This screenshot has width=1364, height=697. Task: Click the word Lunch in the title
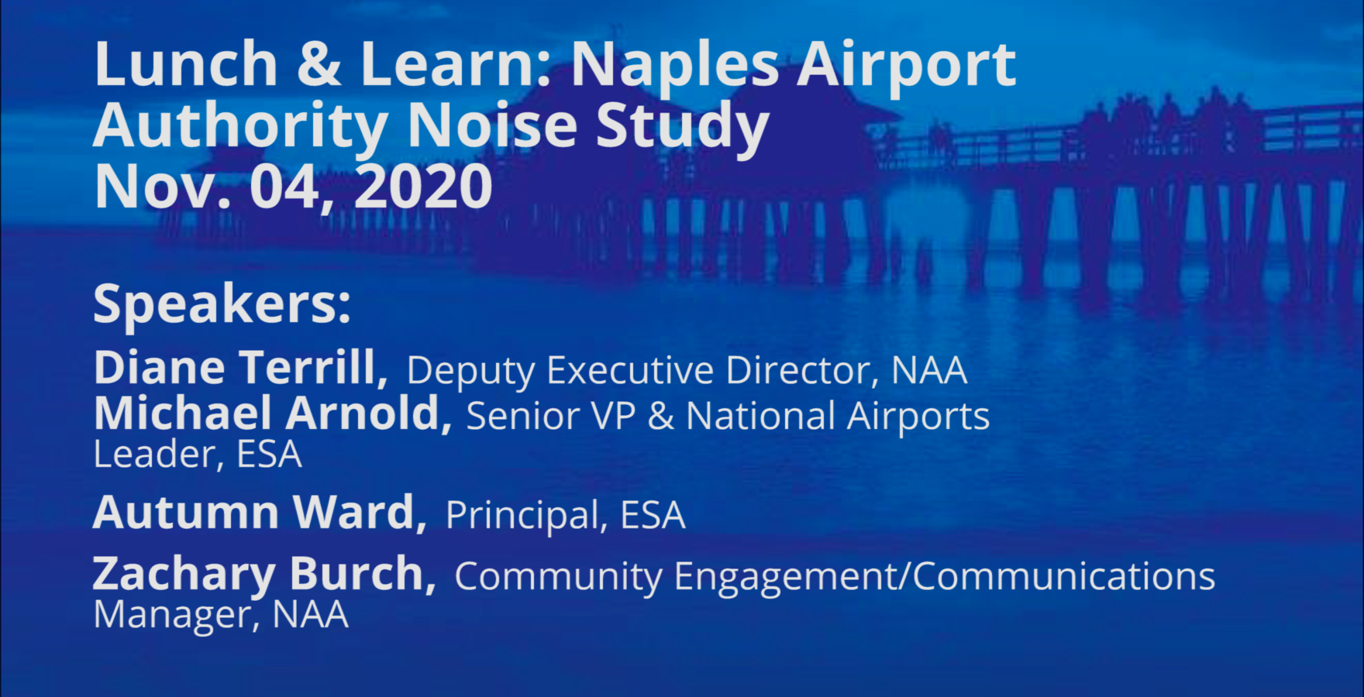tap(186, 64)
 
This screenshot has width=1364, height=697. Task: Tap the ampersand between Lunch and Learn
tap(319, 64)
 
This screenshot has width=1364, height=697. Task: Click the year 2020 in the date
tap(423, 187)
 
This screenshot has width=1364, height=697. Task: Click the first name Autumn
tap(186, 513)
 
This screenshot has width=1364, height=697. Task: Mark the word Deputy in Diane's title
tap(470, 372)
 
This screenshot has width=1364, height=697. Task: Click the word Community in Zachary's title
tap(558, 578)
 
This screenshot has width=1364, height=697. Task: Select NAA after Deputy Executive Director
tap(929, 370)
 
